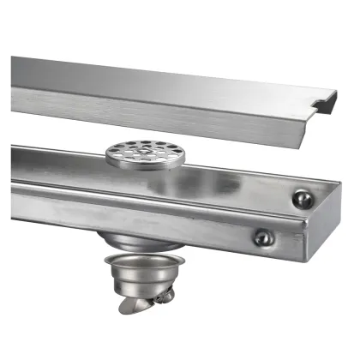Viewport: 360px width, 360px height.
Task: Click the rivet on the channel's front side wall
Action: (x=264, y=237)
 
